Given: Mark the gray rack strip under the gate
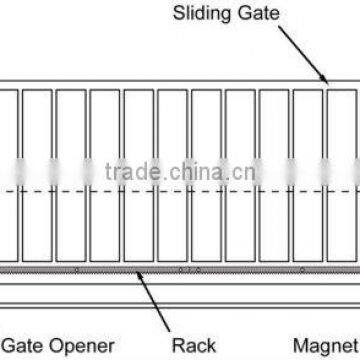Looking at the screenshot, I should (x=180, y=270).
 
